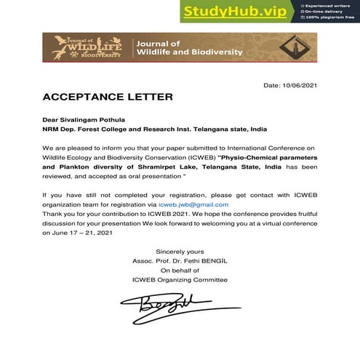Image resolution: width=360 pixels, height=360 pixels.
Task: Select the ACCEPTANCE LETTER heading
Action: [x=108, y=97]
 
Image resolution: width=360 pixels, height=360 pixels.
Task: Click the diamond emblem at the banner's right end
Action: [x=297, y=47]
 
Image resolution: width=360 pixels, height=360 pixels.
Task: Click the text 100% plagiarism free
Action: [x=332, y=17]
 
